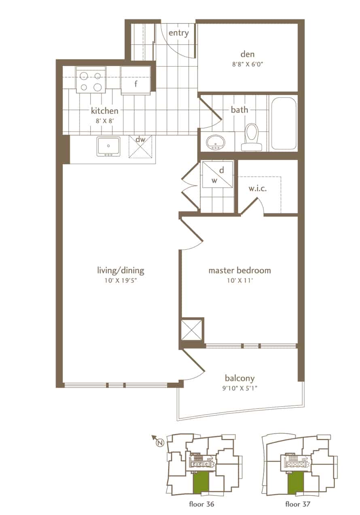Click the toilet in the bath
(x=252, y=137)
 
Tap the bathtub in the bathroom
(x=284, y=124)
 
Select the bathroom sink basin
(x=216, y=142)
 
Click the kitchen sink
(x=108, y=146)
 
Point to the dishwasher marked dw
(x=140, y=147)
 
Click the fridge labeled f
(x=136, y=81)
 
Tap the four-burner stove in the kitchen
(x=91, y=80)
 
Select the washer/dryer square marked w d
(x=217, y=175)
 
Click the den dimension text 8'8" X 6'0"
(x=248, y=64)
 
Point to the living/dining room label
(x=121, y=270)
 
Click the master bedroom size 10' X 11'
(x=240, y=280)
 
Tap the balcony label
(x=240, y=378)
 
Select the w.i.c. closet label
(x=258, y=189)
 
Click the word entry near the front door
(x=179, y=33)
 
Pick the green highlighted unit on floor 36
(x=201, y=483)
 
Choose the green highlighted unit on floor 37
(x=295, y=483)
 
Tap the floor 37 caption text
(x=298, y=504)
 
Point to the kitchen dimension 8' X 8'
(x=105, y=121)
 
